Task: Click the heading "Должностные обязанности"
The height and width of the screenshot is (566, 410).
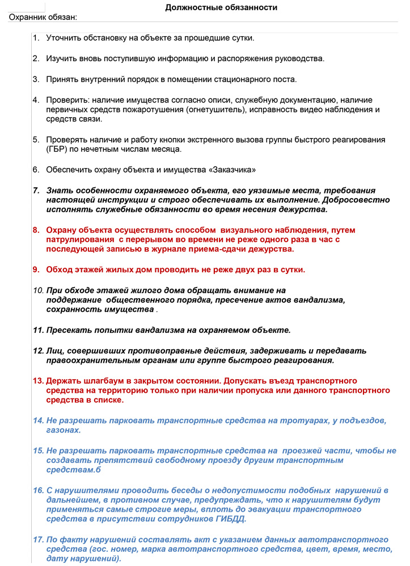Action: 221,7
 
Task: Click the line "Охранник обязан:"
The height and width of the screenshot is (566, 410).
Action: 43,17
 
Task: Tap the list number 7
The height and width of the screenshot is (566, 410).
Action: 36,191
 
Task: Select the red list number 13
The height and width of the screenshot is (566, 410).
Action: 38,380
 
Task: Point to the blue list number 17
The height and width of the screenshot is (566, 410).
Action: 38,539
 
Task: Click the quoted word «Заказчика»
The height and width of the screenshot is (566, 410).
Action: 234,169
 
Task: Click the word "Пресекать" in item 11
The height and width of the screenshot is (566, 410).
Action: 70,329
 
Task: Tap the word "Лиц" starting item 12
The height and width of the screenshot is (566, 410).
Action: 54,350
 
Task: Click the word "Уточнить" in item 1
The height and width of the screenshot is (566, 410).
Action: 66,38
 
